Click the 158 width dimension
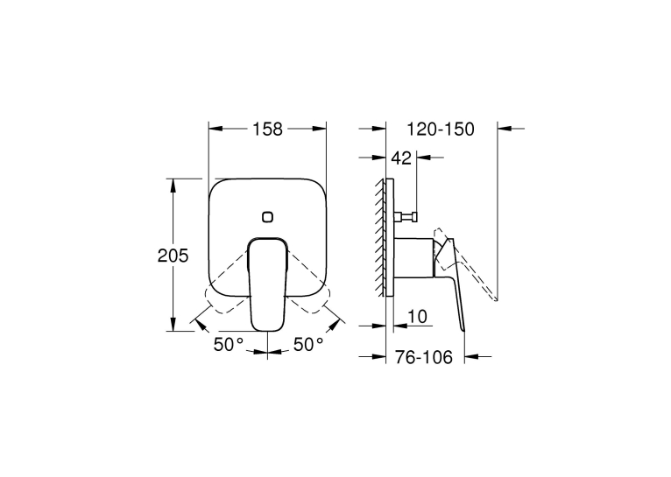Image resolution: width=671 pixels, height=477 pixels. (267, 129)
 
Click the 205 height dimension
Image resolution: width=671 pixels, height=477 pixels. (173, 256)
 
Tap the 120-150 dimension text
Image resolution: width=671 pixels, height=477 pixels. (441, 129)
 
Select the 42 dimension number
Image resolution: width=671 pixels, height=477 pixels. (401, 158)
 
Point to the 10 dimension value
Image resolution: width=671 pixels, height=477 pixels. (417, 317)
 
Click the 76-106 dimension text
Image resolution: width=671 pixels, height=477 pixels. (423, 357)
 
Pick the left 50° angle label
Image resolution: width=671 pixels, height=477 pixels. (229, 344)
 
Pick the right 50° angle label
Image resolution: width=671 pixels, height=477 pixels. (308, 344)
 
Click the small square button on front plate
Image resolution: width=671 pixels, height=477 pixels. (268, 217)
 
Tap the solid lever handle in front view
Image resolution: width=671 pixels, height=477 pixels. (267, 284)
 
